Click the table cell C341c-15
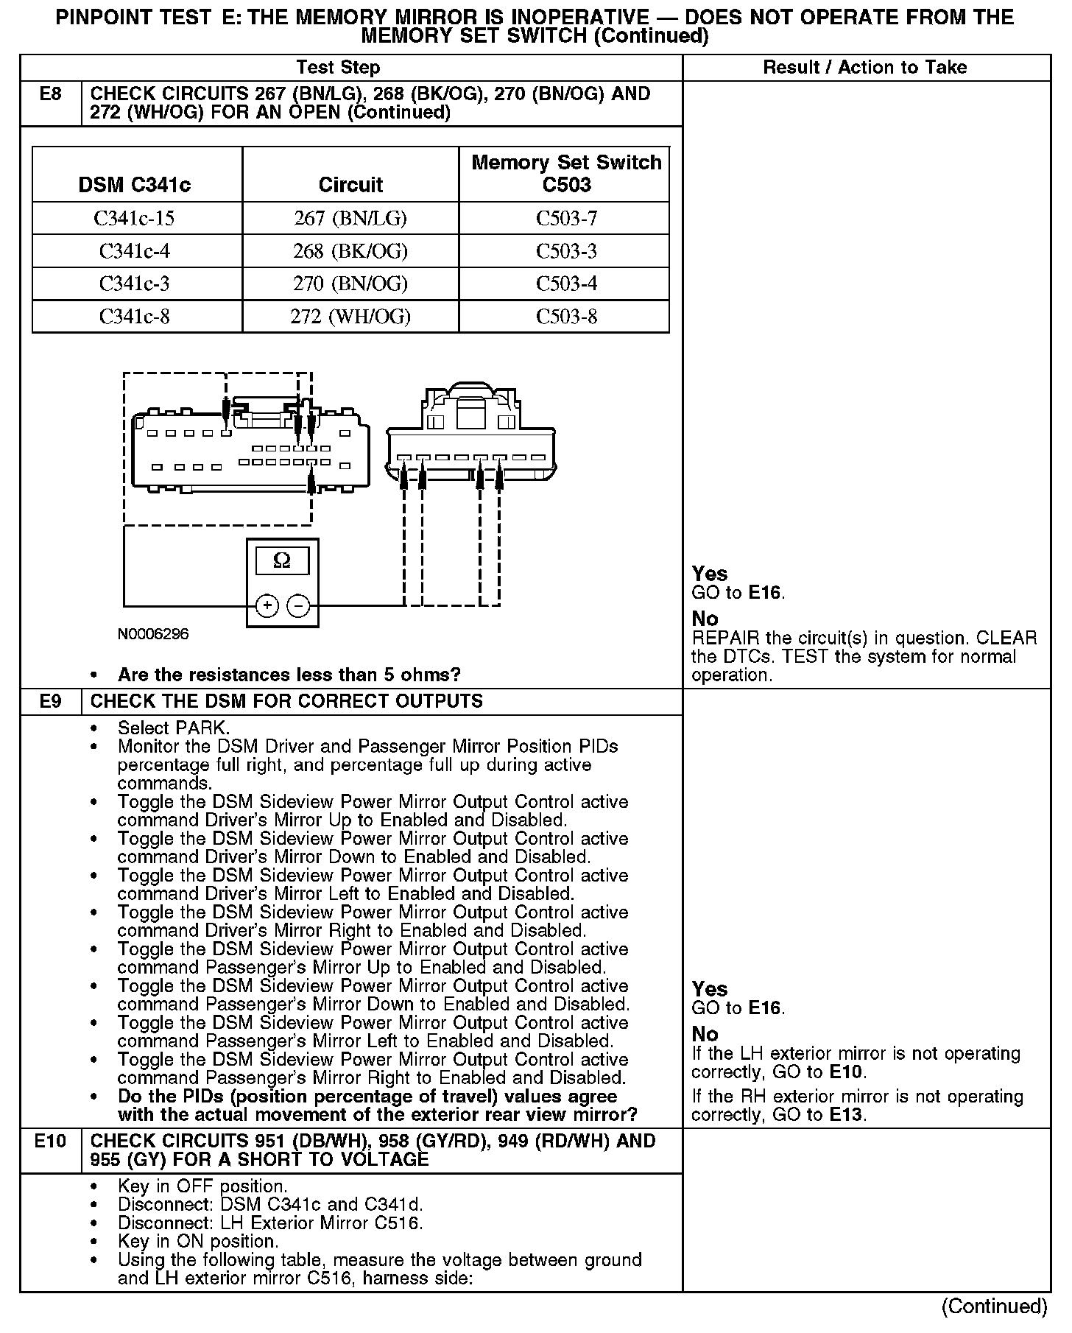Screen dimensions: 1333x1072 (x=134, y=219)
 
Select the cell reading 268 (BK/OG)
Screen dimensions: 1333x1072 (x=350, y=251)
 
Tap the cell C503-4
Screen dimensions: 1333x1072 (x=566, y=284)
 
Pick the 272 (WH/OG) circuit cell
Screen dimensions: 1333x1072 (x=350, y=317)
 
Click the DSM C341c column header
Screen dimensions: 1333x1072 (x=134, y=184)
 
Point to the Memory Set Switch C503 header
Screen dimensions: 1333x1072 (x=566, y=173)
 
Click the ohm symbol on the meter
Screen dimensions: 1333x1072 (x=282, y=561)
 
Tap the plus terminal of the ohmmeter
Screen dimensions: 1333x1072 (x=267, y=606)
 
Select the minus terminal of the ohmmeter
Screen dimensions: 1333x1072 (x=298, y=606)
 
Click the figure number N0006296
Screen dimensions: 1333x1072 (x=153, y=634)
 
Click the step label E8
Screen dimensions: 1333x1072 (x=50, y=94)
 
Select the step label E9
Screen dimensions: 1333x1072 (x=50, y=701)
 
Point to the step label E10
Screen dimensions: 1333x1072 (x=50, y=1142)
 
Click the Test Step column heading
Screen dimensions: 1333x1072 (x=338, y=68)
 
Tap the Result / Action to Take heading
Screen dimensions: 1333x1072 (x=865, y=68)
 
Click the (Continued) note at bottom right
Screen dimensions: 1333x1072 (x=994, y=1306)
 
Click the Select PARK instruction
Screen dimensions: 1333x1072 (x=174, y=728)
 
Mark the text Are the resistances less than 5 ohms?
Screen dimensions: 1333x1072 (x=289, y=675)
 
